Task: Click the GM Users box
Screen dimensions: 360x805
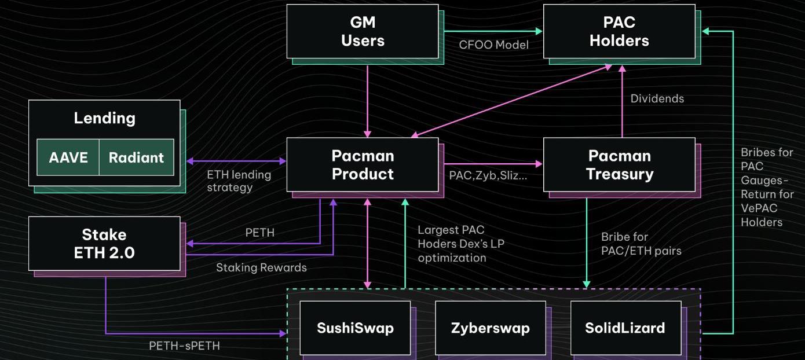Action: coord(363,31)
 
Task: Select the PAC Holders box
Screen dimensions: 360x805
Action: coord(619,31)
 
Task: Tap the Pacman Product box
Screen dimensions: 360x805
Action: coord(363,165)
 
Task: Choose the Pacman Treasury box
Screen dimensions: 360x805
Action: coord(619,165)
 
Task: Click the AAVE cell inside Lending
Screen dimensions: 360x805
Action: coord(68,157)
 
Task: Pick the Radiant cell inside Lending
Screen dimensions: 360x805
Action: coord(136,157)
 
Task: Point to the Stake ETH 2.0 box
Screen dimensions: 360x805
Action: coord(104,243)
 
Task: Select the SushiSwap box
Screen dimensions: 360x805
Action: coord(355,328)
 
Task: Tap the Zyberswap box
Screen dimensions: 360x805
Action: coord(490,328)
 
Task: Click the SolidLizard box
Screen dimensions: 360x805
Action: coord(625,328)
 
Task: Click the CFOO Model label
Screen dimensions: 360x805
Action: coord(493,45)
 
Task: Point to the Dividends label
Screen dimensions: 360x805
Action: coord(657,98)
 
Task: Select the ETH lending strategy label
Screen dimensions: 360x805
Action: coord(239,181)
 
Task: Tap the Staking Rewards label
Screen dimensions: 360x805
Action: coord(261,267)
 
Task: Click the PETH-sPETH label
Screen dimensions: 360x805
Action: coord(184,346)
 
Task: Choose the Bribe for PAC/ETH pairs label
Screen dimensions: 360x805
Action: coord(641,244)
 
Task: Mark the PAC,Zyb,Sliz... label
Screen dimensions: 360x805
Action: coord(488,175)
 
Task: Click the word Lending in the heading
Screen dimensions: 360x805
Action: coord(104,118)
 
